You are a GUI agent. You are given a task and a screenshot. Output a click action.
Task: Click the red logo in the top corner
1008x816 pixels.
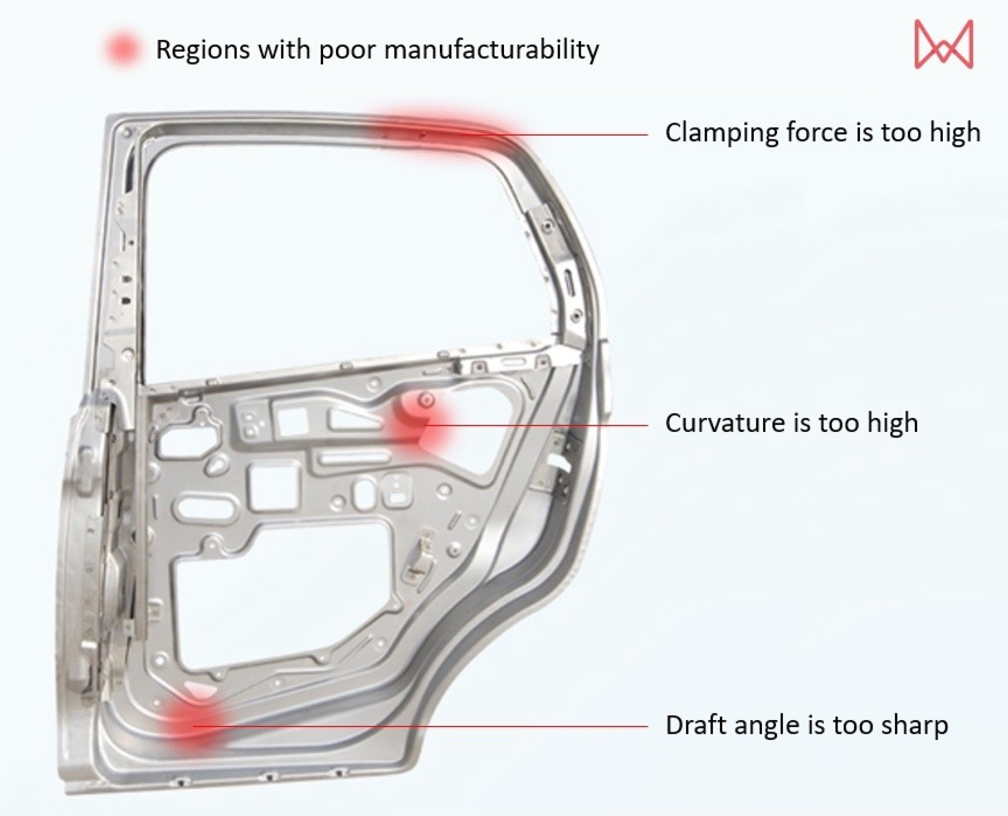tap(943, 45)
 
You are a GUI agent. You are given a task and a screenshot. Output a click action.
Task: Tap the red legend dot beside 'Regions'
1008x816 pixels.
tap(122, 50)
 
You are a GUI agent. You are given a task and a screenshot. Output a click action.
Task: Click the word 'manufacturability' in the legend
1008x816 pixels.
tap(491, 50)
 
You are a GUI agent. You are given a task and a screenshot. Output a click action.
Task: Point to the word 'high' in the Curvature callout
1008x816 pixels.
tap(892, 423)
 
